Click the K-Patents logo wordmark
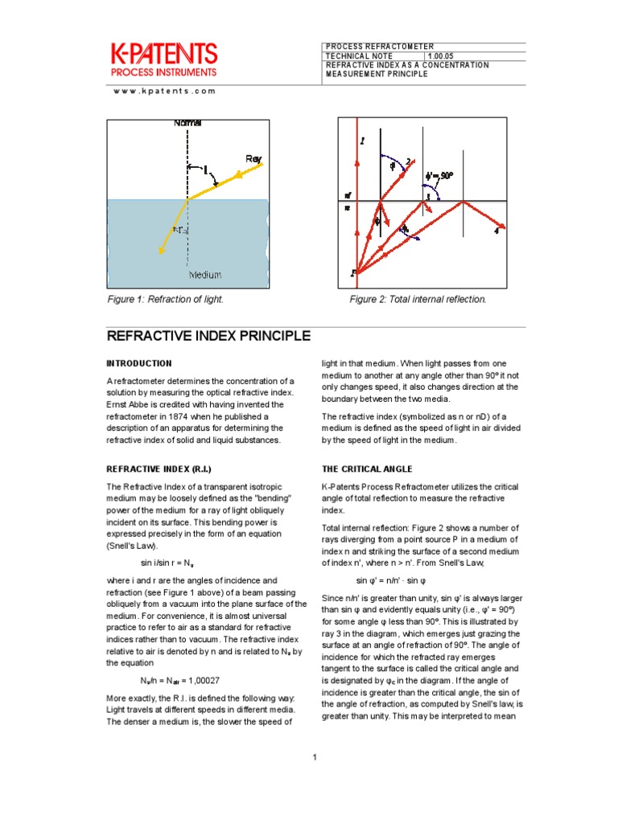pos(163,55)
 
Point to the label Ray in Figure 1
pos(253,159)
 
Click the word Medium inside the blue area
pos(204,275)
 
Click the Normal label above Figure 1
pos(187,122)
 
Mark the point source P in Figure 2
pos(352,273)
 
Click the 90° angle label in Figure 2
pos(441,174)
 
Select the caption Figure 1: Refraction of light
pos(165,300)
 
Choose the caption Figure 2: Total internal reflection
pos(418,300)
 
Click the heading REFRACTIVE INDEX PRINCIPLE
pos(209,336)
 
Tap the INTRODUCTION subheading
pos(139,363)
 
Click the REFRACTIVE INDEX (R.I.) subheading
pos(159,469)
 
